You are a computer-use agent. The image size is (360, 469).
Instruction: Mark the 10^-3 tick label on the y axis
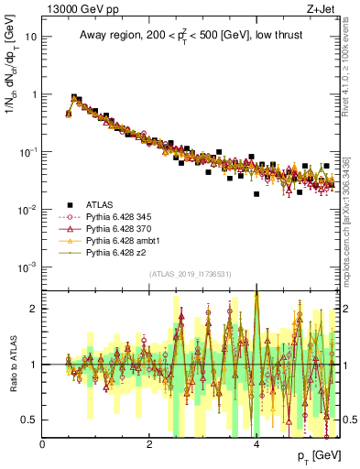[27, 267]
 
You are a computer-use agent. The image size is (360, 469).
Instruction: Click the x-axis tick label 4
[256, 444]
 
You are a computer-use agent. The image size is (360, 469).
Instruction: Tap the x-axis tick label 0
[43, 444]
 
